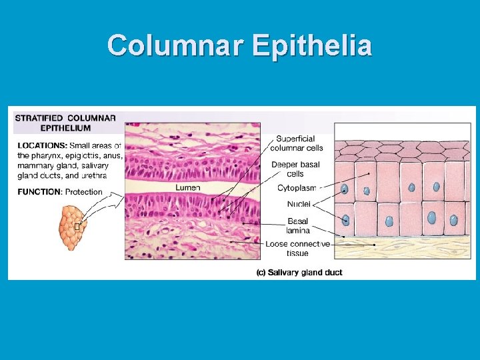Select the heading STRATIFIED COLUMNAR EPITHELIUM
(65, 123)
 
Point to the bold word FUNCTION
(39, 192)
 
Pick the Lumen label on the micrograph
(187, 188)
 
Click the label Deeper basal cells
(295, 169)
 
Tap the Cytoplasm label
(296, 188)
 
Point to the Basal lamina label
(298, 225)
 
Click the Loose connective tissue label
(297, 248)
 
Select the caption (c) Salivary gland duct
(299, 272)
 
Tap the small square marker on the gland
(77, 227)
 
